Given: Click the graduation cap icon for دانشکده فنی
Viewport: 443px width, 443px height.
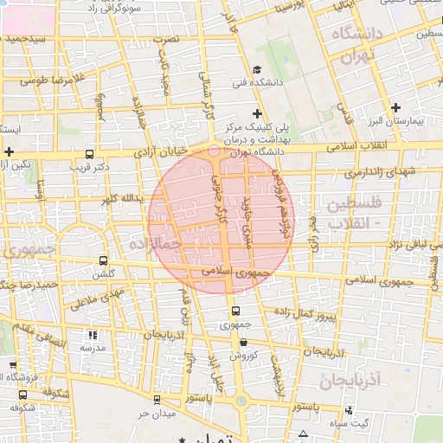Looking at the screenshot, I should [x=257, y=70].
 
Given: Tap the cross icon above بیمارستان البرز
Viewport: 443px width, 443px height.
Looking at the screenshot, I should [x=396, y=108].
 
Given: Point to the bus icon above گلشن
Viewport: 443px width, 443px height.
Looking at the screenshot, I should [x=104, y=260].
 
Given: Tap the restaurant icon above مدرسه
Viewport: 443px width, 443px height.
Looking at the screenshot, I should [x=93, y=335].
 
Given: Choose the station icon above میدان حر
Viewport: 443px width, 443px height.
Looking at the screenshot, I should [x=156, y=399].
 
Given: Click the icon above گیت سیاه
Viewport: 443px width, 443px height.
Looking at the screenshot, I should [x=352, y=410].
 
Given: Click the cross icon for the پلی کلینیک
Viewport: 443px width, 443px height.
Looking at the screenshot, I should [x=257, y=113].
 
